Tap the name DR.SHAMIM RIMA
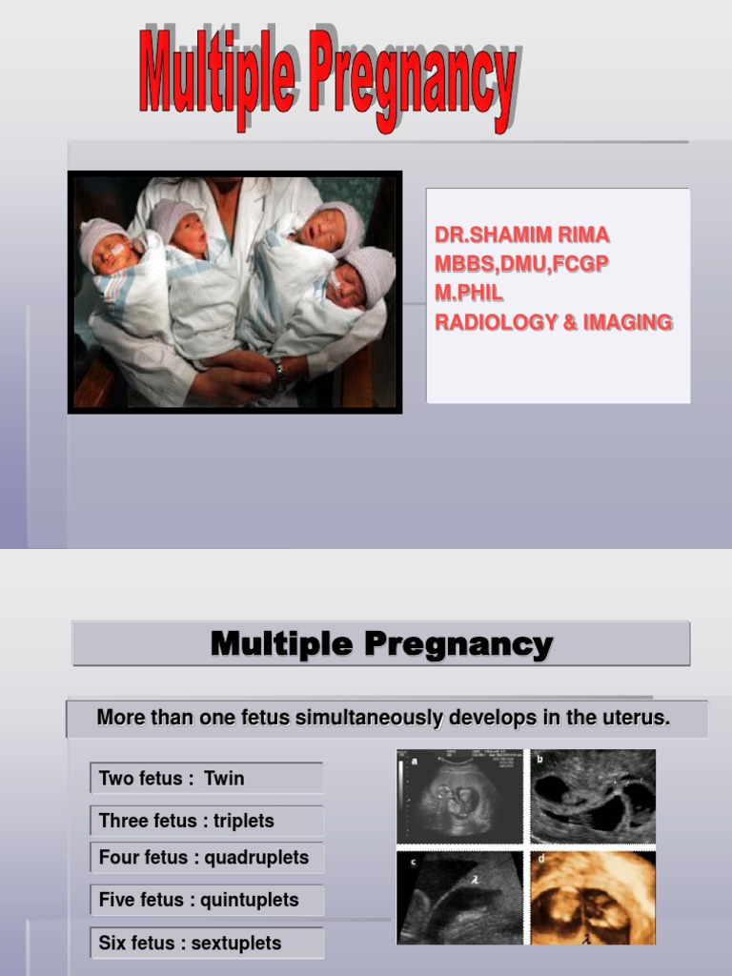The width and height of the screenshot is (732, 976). coord(521,235)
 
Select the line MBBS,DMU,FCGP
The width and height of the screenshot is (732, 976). coord(520,264)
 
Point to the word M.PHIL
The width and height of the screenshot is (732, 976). coord(469,294)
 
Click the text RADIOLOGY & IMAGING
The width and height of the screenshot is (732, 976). coord(553,322)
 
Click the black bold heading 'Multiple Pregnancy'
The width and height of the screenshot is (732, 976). coord(381,644)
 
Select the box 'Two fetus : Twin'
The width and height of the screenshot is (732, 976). coord(207,779)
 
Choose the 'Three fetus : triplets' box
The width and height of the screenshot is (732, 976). coord(207,821)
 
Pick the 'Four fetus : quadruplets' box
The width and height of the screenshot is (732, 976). coord(207,858)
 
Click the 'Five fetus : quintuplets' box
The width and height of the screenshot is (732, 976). coord(207,900)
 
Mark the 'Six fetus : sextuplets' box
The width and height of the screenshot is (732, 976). coord(207,943)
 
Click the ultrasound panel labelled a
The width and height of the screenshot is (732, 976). coord(459,797)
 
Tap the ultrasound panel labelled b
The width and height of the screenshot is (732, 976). coord(593,797)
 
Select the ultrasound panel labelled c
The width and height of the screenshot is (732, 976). coord(459,897)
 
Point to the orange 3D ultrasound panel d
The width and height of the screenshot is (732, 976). coord(593,897)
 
